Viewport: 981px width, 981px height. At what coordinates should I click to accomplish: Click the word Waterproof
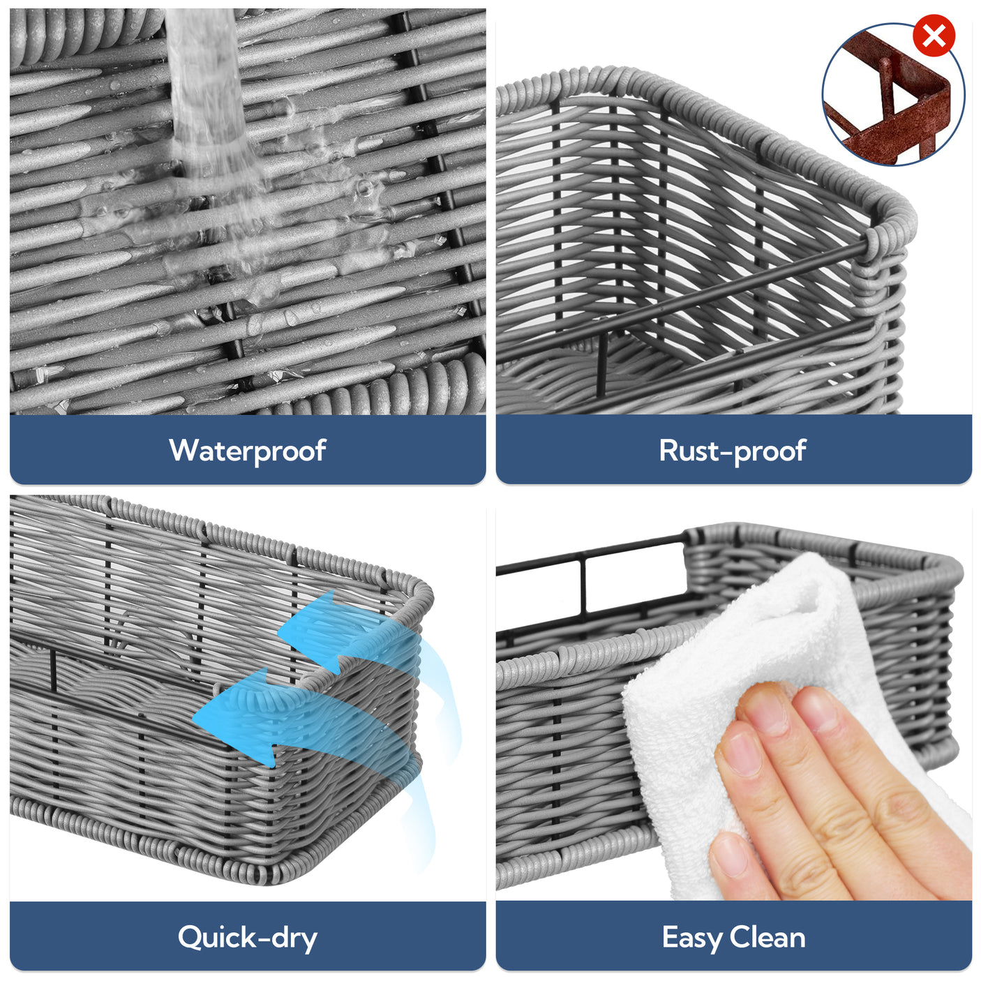pos(247,451)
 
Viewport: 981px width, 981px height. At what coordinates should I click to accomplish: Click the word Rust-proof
pos(733,451)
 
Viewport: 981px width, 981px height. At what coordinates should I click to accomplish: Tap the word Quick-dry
pos(247,937)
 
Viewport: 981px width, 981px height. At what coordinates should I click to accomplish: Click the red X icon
pos(934,36)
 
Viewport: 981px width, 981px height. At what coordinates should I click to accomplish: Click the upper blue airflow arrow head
pos(307,631)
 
